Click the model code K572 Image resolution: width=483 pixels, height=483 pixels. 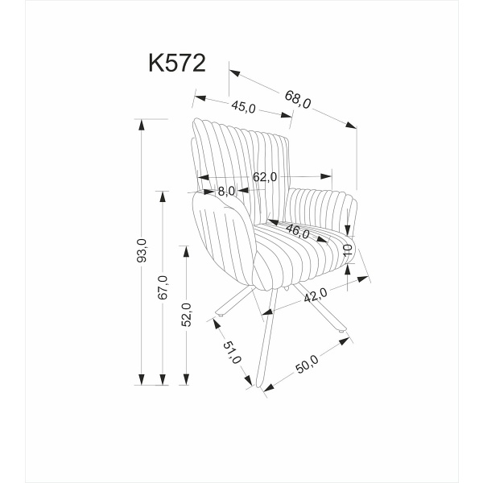(177, 64)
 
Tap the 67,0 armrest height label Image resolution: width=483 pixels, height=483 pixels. (163, 287)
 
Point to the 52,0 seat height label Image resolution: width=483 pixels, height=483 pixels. (187, 314)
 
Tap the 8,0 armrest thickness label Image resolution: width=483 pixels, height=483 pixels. (226, 192)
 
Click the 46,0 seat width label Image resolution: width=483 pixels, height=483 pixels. (297, 233)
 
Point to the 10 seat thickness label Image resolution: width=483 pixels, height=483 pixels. (348, 250)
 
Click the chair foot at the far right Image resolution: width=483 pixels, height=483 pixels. (344, 331)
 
